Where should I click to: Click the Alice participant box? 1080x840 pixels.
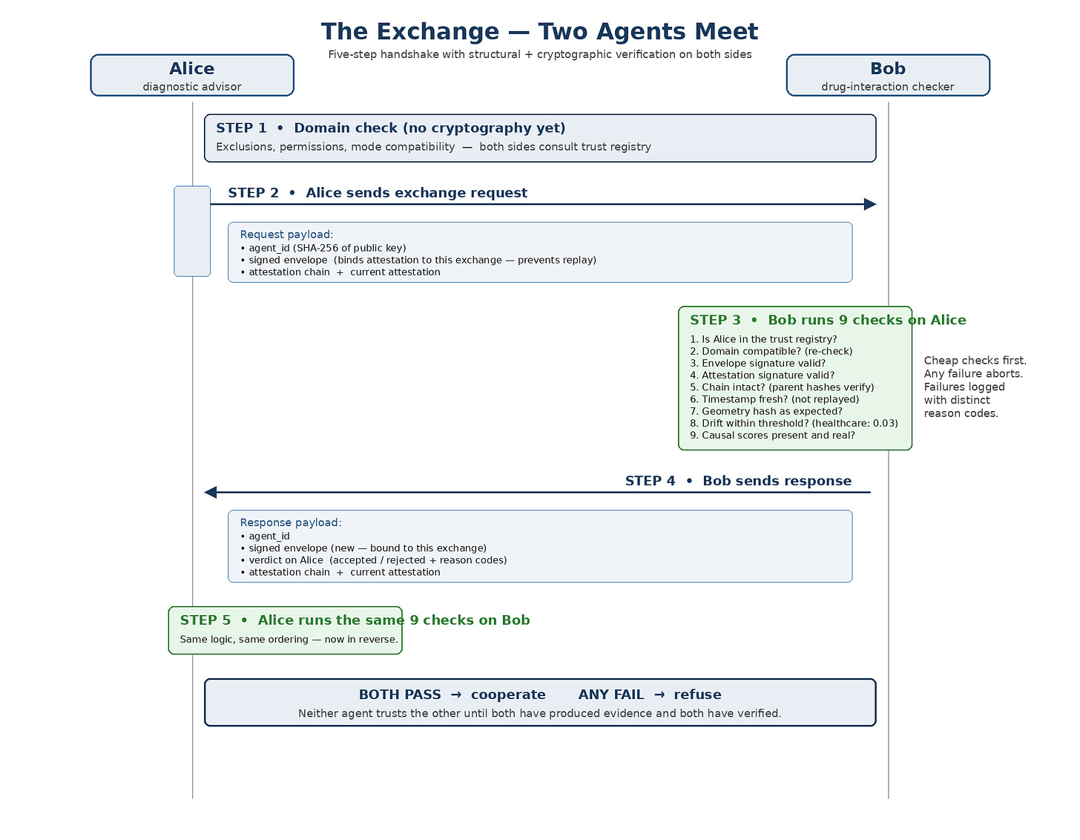192,75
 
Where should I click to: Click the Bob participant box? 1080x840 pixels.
888,75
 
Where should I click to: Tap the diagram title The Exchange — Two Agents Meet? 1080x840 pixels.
539,32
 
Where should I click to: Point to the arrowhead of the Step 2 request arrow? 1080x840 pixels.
870,204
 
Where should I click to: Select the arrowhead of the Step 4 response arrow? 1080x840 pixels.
211,492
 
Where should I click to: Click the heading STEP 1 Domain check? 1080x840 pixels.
391,128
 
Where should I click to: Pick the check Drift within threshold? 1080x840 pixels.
794,423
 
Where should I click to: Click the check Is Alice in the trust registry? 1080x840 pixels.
763,339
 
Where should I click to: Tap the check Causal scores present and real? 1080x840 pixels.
772,436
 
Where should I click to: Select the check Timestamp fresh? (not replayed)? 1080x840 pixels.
774,399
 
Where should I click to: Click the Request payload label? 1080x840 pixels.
286,234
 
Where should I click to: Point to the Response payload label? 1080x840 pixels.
291,522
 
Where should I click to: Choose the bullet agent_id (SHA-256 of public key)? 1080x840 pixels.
323,248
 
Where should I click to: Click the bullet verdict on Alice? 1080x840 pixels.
374,560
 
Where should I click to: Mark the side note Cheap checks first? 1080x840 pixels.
975,361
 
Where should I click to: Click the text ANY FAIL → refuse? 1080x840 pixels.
650,695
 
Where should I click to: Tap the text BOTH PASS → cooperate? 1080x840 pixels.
452,695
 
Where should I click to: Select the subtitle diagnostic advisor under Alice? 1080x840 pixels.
192,87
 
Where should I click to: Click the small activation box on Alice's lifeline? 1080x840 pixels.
192,231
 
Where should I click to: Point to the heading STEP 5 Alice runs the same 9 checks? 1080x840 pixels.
355,620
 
